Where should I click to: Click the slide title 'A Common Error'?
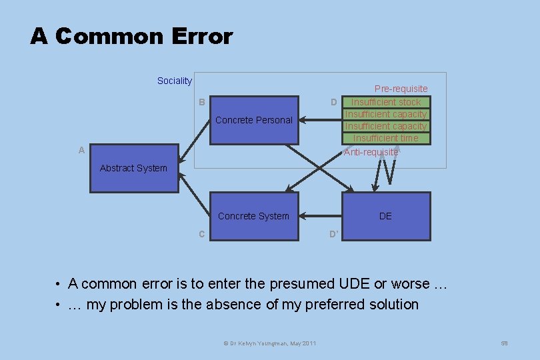pyautogui.click(x=131, y=36)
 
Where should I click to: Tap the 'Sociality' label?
pyautogui.click(x=175, y=81)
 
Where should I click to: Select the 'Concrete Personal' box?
pyautogui.click(x=254, y=120)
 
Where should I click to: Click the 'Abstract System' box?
pyautogui.click(x=133, y=168)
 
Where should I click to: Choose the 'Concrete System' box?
pyautogui.click(x=253, y=216)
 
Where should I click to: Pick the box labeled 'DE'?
pyautogui.click(x=385, y=216)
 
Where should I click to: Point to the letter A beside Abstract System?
pyautogui.click(x=81, y=151)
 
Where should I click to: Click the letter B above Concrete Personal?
pyautogui.click(x=201, y=102)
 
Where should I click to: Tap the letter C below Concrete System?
pyautogui.click(x=201, y=234)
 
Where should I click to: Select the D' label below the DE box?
pyautogui.click(x=334, y=234)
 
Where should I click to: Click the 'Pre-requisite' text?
pyautogui.click(x=401, y=89)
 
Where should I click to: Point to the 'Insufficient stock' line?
pyautogui.click(x=386, y=102)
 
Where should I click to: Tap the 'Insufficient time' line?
pyautogui.click(x=386, y=138)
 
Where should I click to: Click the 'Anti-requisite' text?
pyautogui.click(x=371, y=152)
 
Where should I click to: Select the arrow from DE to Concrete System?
pyautogui.click(x=321, y=216)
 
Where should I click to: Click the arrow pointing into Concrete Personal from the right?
pyautogui.click(x=321, y=120)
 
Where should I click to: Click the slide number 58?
pyautogui.click(x=505, y=343)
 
